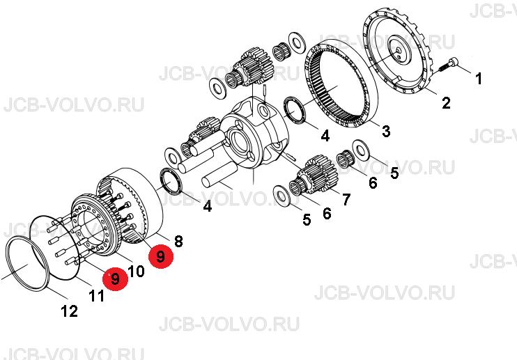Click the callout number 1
479,79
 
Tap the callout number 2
446,103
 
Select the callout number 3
386,131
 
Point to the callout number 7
346,199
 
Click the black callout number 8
178,241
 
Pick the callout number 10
136,272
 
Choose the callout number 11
97,296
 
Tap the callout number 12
69,311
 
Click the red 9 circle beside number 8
161,256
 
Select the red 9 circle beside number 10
115,279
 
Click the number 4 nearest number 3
325,135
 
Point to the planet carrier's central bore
240,141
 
